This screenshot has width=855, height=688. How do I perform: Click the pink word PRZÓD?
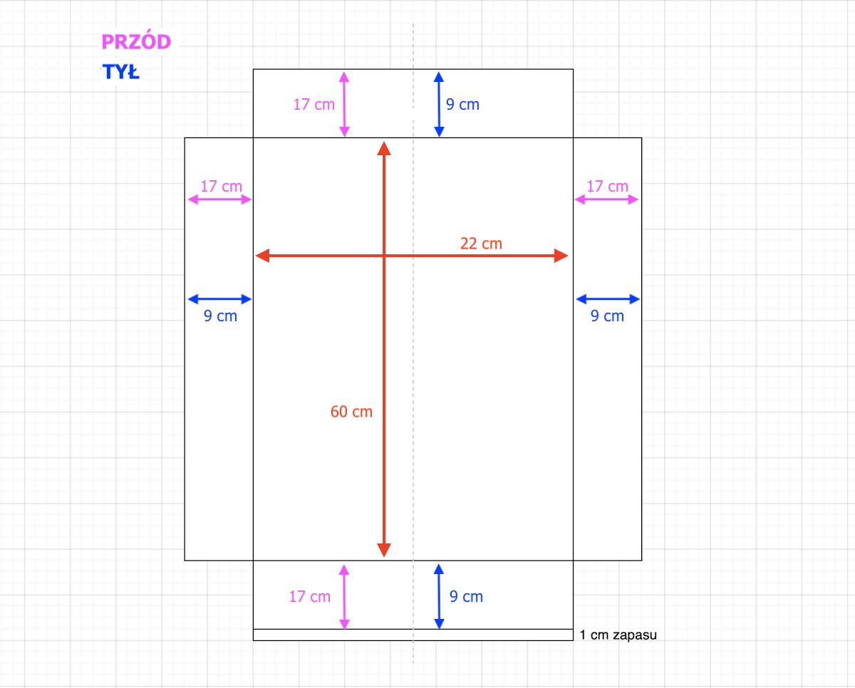coord(136,42)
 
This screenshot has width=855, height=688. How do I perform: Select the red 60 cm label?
coord(351,412)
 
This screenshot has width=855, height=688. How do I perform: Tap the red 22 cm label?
coord(481,244)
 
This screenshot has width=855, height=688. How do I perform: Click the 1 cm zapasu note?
coord(618,635)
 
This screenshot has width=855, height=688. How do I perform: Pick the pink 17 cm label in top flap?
coord(313,104)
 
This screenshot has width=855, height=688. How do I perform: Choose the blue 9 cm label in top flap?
coord(462,105)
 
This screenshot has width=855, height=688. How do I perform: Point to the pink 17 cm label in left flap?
coord(221,187)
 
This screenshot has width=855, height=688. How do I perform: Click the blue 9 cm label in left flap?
coord(220,316)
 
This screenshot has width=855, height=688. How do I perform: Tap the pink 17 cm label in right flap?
coord(607,187)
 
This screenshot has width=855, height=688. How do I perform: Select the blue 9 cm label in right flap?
coord(607,316)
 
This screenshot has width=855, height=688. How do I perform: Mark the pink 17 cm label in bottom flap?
coord(310,597)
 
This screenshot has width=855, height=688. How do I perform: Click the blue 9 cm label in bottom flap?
coord(466,597)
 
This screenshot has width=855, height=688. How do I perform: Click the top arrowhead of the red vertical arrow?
coord(384,148)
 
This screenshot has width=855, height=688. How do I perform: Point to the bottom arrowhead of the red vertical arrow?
coord(384,550)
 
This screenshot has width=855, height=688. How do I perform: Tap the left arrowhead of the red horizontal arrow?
coord(262,255)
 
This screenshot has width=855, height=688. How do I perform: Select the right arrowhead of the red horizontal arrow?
coord(561,255)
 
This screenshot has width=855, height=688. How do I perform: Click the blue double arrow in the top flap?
coord(439,104)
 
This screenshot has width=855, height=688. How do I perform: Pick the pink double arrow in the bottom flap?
coord(344,597)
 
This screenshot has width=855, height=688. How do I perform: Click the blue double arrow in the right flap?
coord(608,298)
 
